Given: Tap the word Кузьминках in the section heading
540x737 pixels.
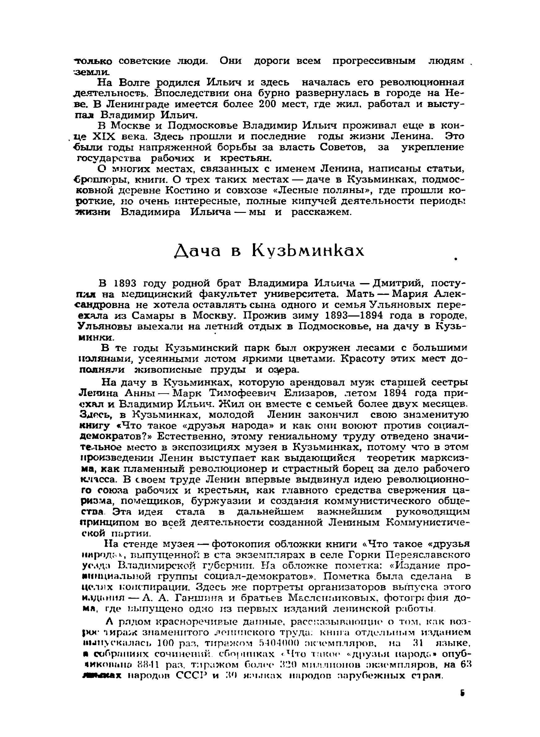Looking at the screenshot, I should pyautogui.click(x=308, y=251).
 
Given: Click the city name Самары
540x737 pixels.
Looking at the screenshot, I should pyautogui.click(x=150, y=316).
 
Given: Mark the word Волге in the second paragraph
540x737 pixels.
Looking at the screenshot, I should pyautogui.click(x=135, y=83).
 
